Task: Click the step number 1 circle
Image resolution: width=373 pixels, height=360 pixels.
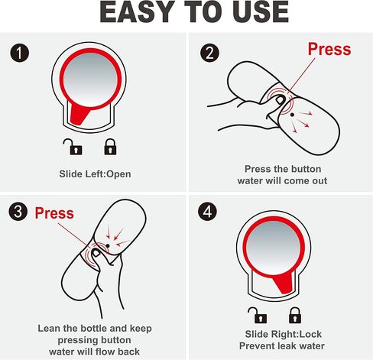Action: tap(20, 53)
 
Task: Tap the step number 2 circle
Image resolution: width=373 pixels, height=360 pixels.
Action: tap(209, 53)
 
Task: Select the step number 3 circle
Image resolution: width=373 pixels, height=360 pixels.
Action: tap(18, 212)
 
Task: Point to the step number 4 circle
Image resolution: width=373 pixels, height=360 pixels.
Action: tap(207, 212)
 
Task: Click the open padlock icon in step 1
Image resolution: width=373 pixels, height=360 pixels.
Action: tap(73, 147)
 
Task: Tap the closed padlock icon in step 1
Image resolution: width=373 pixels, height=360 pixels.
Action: tap(110, 147)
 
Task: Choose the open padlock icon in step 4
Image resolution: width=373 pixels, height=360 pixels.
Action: tap(258, 315)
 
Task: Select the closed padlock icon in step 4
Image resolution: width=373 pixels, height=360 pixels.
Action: tap(295, 315)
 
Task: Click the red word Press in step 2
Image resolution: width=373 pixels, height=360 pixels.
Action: tap(329, 49)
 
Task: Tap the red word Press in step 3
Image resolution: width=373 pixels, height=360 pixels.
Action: tap(54, 213)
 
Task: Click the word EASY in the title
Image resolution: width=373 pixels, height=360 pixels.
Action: tap(137, 12)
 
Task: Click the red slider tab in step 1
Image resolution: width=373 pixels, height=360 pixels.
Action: tap(79, 115)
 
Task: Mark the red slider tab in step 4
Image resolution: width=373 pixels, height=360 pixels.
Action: tap(284, 283)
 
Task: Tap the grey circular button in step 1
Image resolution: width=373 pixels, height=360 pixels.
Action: tap(90, 79)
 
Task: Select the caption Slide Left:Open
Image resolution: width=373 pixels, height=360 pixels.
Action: tap(95, 174)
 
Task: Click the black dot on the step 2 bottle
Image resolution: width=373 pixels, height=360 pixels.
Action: tap(292, 115)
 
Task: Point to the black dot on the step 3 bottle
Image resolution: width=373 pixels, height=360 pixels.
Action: tap(108, 245)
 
